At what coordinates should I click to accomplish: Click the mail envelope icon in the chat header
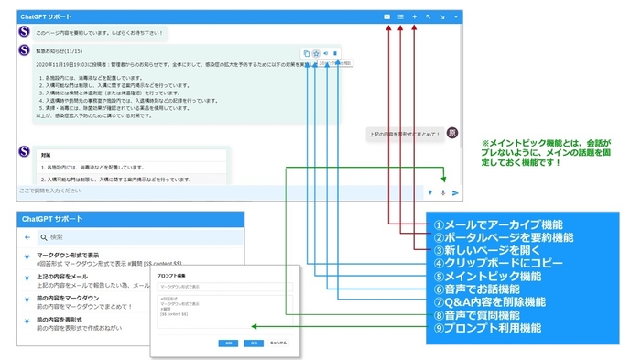(x=387, y=16)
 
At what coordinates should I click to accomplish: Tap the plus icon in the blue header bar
(x=415, y=16)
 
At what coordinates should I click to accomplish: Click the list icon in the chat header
(x=401, y=16)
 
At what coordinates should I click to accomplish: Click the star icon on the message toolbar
(x=315, y=53)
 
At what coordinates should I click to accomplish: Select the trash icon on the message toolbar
(x=336, y=53)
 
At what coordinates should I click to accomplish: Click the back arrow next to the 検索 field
(x=27, y=236)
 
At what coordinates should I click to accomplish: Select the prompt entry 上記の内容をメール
(x=62, y=277)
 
